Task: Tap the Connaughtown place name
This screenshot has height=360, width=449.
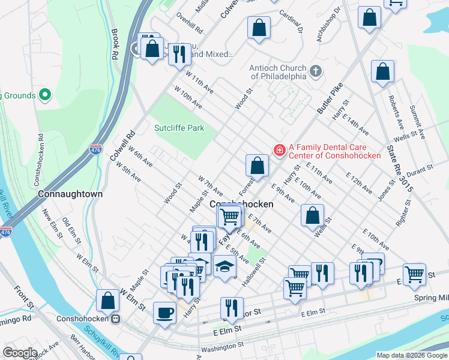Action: (x=70, y=194)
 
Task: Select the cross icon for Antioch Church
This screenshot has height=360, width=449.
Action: (x=316, y=73)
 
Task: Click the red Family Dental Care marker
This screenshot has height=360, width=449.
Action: (x=279, y=150)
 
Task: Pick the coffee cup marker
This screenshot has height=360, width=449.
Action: (x=164, y=312)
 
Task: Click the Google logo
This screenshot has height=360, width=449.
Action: (x=20, y=353)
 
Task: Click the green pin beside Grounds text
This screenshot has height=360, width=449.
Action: (x=44, y=95)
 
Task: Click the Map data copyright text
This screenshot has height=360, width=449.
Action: (x=411, y=355)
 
